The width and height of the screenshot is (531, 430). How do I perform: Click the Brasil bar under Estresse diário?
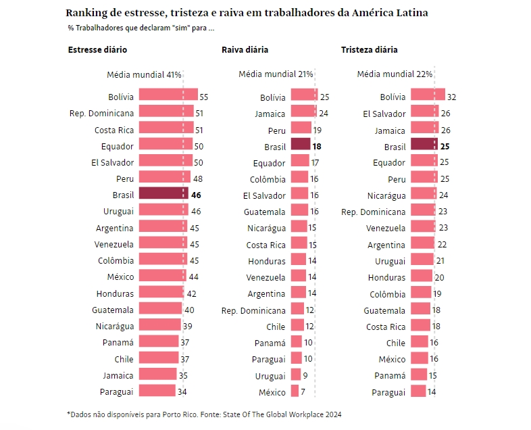tap(163, 194)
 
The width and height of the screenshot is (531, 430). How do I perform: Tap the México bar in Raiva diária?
tap(295, 391)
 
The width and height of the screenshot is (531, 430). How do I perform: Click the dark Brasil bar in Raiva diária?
tap(300, 145)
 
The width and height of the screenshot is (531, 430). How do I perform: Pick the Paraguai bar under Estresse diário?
tap(157, 391)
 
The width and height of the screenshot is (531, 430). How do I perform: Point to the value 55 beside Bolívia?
tap(203, 97)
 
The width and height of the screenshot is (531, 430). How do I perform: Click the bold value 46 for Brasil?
tap(197, 195)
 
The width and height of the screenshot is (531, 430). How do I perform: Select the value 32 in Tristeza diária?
tap(452, 97)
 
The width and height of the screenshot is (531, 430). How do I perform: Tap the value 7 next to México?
tap(303, 392)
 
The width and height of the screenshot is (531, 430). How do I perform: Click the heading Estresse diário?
tap(97, 50)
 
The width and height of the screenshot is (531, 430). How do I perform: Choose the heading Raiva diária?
tap(245, 50)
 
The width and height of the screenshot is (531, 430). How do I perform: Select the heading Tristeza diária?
tap(369, 50)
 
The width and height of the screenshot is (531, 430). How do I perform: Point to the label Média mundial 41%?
tap(145, 74)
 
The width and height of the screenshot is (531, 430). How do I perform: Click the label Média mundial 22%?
tap(395, 74)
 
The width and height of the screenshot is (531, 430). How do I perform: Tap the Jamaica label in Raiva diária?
tap(270, 114)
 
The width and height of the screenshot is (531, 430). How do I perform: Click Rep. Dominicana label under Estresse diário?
tap(101, 113)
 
